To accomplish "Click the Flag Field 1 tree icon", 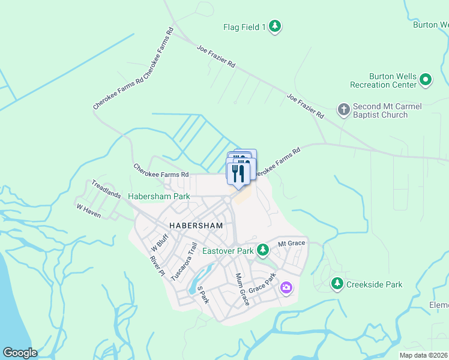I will [x=275, y=26].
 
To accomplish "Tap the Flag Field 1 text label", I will [x=244, y=27].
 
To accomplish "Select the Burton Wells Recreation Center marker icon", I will [x=426, y=79].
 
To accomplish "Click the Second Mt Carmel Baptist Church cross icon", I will [x=343, y=109].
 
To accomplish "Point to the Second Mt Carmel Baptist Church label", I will [x=387, y=110].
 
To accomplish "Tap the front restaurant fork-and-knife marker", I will [x=238, y=173].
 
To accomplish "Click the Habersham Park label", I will [x=159, y=196].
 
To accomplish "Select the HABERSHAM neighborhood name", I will [x=196, y=226].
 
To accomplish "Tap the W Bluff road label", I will [x=159, y=242].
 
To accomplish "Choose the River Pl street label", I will [x=157, y=265].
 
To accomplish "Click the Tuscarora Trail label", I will [x=184, y=262].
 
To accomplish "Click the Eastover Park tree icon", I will [x=262, y=250].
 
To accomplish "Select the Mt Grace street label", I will [x=292, y=243].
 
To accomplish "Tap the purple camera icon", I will [x=286, y=289].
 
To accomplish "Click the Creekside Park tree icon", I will [x=337, y=283].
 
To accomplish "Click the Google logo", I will [x=20, y=353].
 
